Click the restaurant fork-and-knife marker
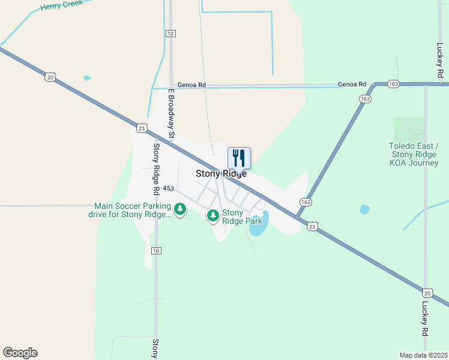tap(239, 158)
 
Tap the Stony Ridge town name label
tap(221, 174)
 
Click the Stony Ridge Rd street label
tap(156, 168)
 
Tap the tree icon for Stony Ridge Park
tap(212, 215)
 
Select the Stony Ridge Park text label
tap(233, 217)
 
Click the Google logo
tap(20, 353)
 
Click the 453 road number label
tap(168, 188)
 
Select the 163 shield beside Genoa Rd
tap(393, 85)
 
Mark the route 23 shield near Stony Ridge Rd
tap(141, 127)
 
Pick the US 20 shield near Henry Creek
tap(49, 76)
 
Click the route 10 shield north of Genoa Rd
tap(171, 33)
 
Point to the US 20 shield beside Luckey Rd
tap(427, 292)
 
